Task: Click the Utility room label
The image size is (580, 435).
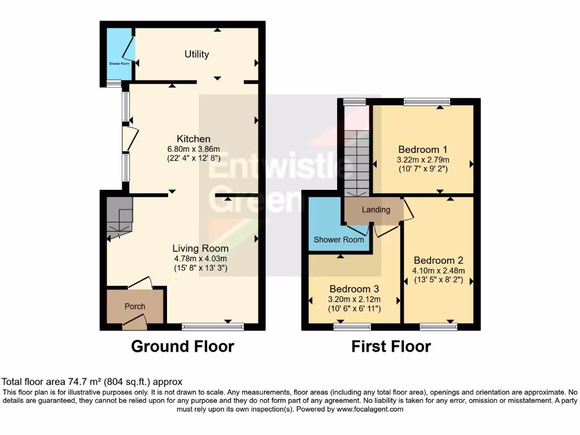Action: point(197,54)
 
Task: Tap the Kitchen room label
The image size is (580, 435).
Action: point(194,139)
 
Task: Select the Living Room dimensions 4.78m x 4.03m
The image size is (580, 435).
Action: point(201,259)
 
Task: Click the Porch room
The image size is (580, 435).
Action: point(135,306)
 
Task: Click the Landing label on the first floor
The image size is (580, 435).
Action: point(376,210)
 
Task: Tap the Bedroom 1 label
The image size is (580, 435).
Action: point(423,150)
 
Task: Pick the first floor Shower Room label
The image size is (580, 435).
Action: point(339,240)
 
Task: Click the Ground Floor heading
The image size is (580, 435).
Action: point(182,346)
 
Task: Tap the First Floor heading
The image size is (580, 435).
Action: point(391,346)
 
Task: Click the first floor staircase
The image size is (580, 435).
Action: point(356,161)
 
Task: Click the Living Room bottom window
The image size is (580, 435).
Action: point(213,326)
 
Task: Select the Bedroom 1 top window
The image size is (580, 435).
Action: point(427,102)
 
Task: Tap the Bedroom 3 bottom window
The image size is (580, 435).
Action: point(352,327)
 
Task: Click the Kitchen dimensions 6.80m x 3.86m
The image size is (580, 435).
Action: point(193,149)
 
